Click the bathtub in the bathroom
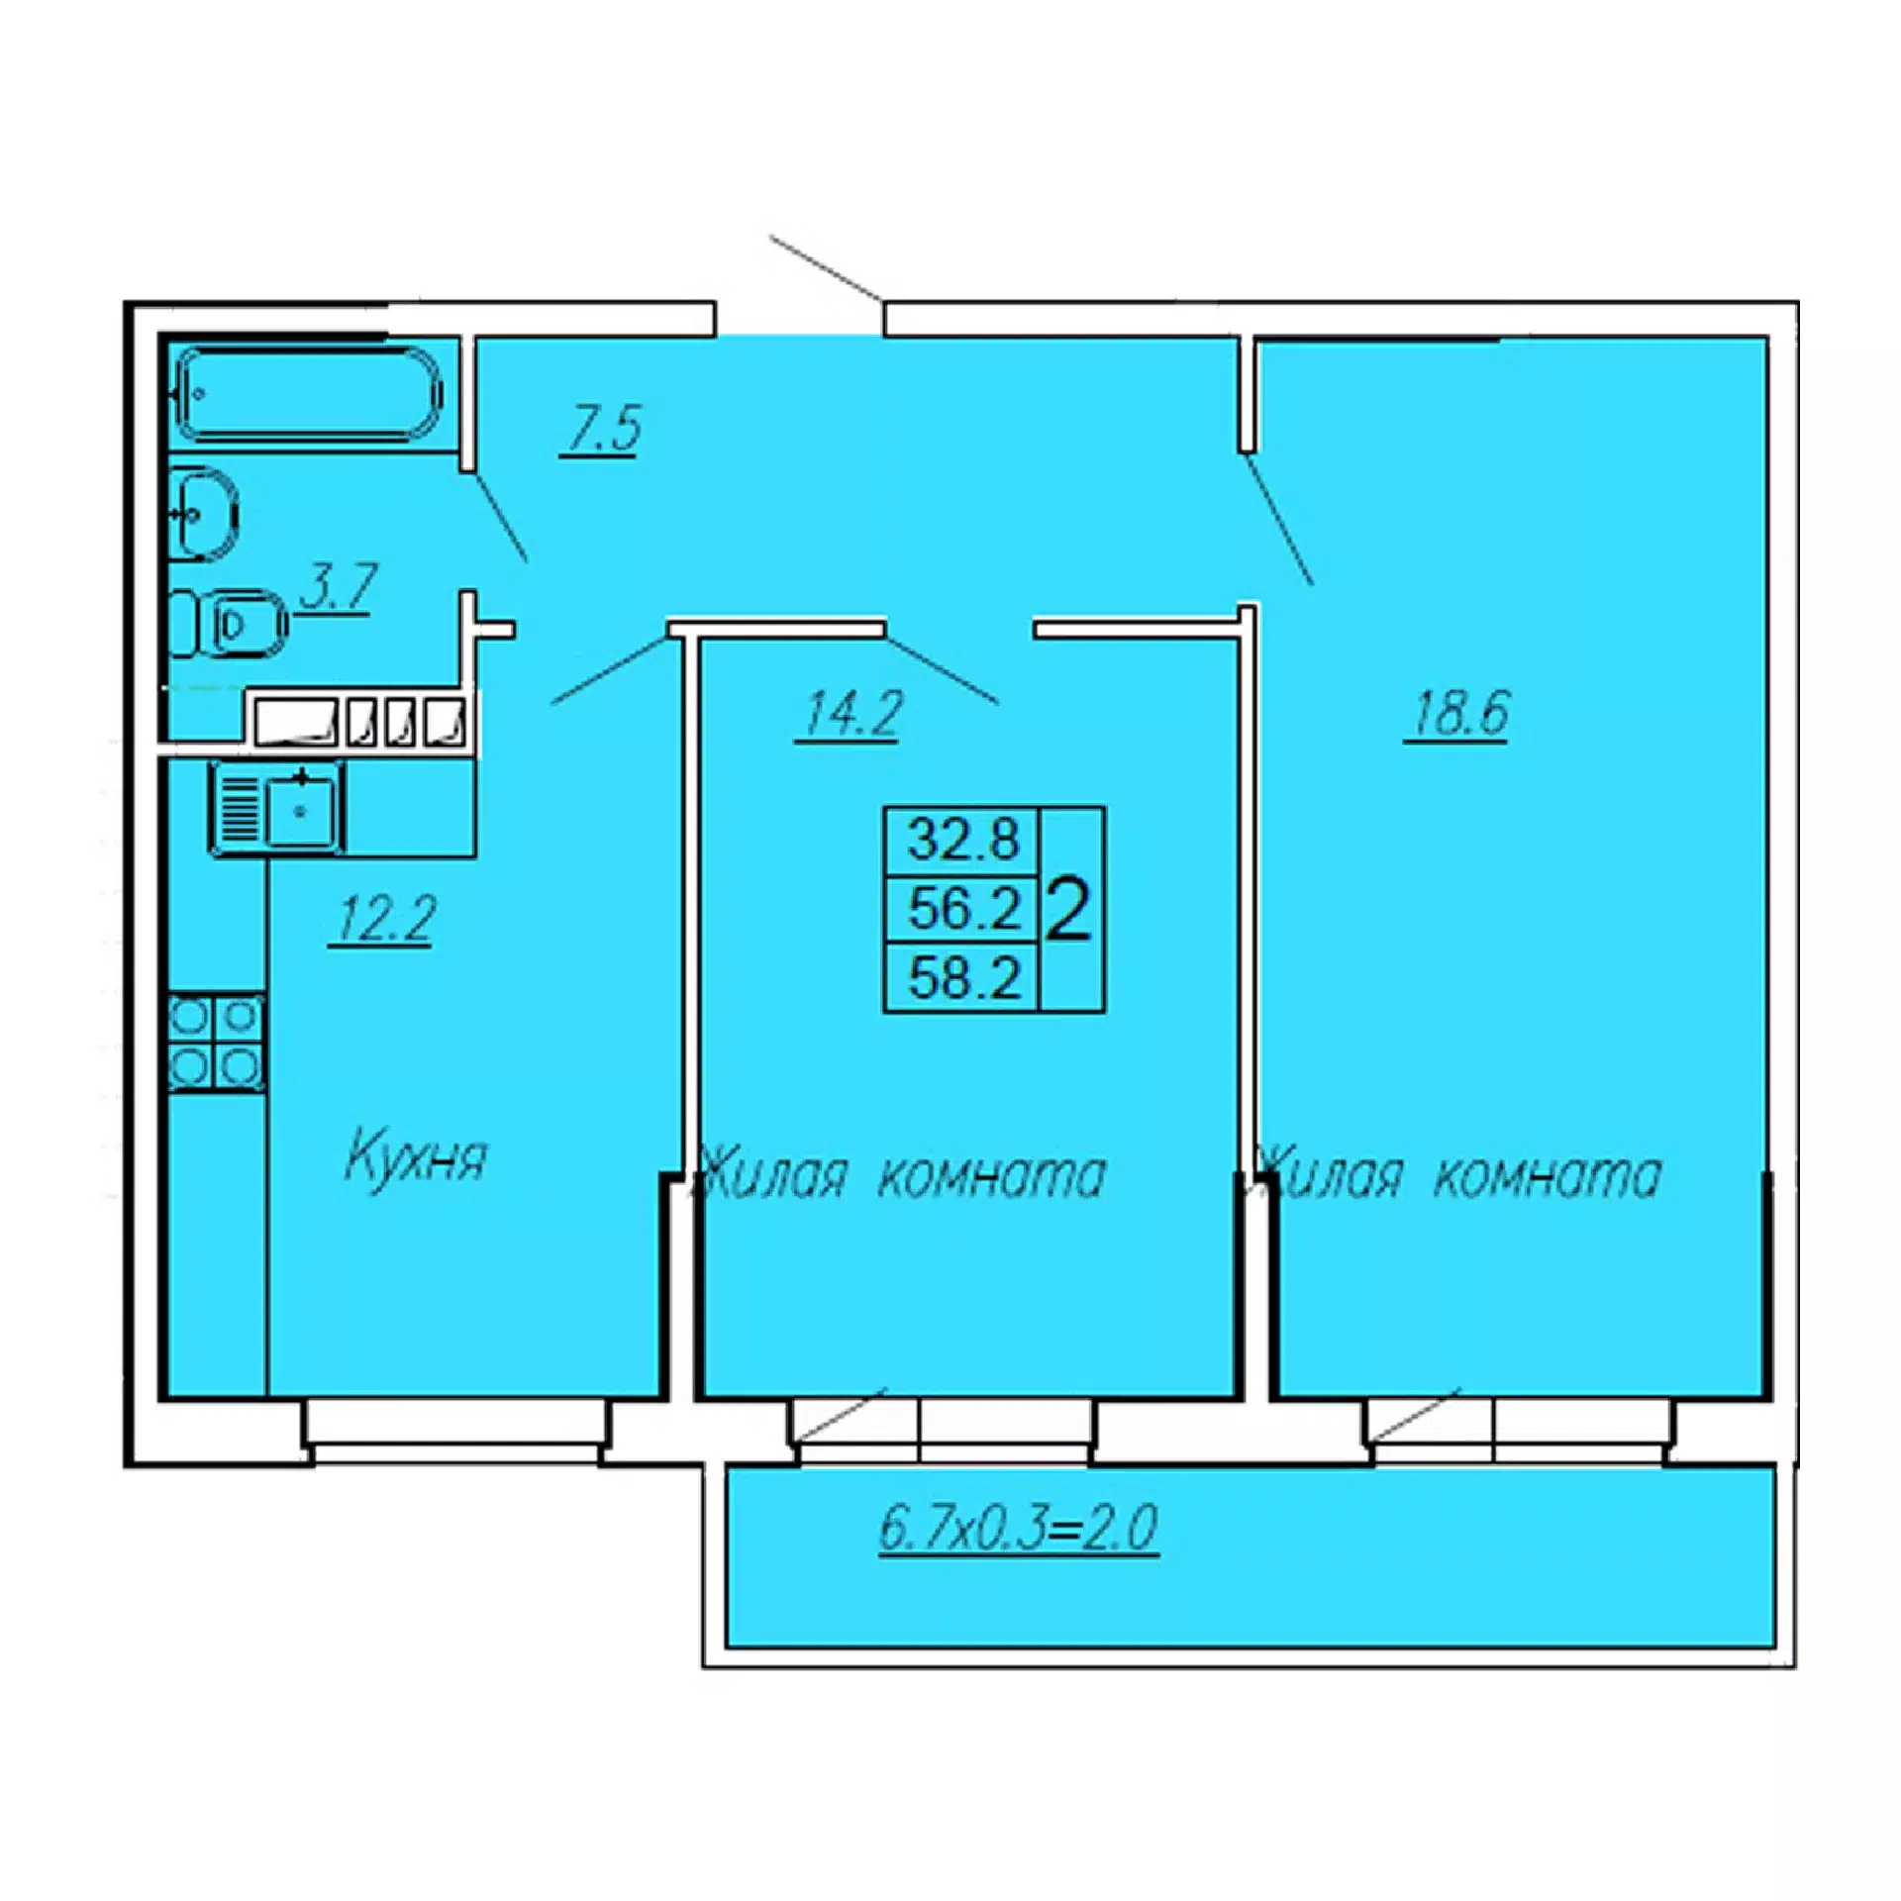[308, 393]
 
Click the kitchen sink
[277, 808]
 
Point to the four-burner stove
[216, 1044]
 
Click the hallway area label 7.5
[600, 429]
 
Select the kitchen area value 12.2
[382, 920]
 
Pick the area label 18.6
[1456, 713]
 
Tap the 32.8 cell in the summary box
[962, 841]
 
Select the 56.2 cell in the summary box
[962, 909]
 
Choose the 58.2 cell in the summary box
[962, 977]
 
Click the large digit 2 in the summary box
[1068, 912]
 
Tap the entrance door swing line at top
[826, 268]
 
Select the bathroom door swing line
[498, 518]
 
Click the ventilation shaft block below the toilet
[357, 722]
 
